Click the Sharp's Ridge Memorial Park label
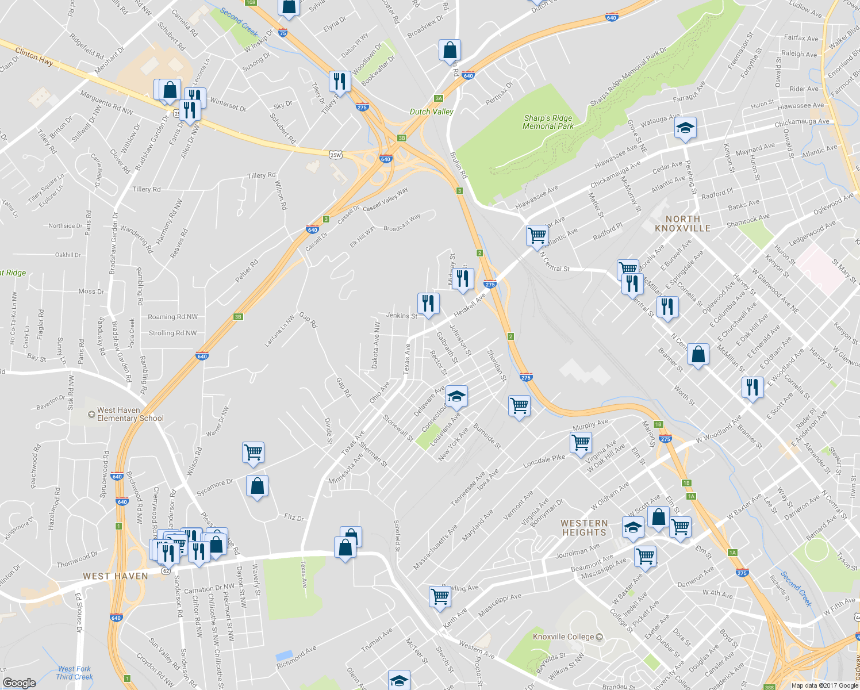[x=548, y=122]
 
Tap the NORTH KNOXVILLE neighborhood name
[x=682, y=224]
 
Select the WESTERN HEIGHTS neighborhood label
[x=584, y=528]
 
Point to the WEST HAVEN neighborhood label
[x=116, y=576]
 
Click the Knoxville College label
[x=563, y=637]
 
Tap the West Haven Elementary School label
[x=130, y=414]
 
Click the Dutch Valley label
[x=431, y=112]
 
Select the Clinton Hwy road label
[x=34, y=56]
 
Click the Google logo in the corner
[x=19, y=683]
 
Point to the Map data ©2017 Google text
[x=824, y=685]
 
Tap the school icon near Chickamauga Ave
[x=685, y=128]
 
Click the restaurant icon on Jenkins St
[x=428, y=303]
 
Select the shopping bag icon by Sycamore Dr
[x=257, y=486]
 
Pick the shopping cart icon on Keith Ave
[x=440, y=596]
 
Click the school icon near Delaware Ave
[x=456, y=396]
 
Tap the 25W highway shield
[x=336, y=155]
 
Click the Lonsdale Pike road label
[x=544, y=461]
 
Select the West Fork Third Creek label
[x=74, y=673]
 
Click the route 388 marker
[x=769, y=687]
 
